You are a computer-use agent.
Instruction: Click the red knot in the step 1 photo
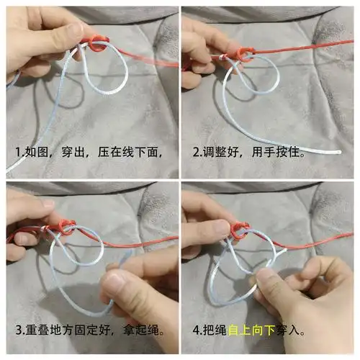93,45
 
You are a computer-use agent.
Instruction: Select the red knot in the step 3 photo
66,229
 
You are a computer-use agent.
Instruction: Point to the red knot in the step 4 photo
240,229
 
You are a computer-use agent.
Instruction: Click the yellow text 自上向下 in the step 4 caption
253,332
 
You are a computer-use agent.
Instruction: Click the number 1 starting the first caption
18,153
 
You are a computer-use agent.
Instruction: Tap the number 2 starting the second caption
196,153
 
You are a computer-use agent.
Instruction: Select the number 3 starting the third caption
18,332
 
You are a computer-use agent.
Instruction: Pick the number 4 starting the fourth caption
196,332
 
